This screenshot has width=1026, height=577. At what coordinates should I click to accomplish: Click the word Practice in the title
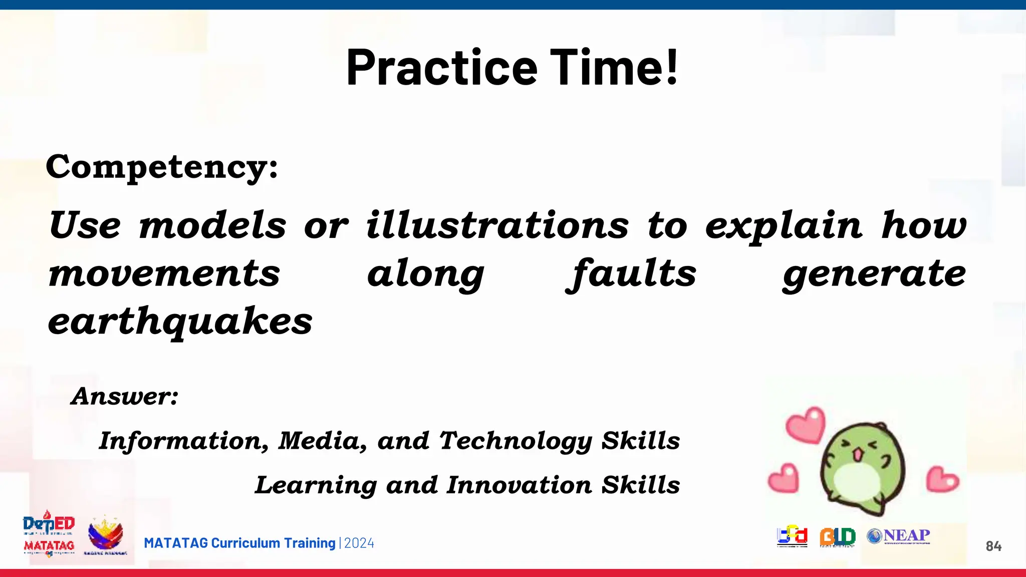(x=441, y=67)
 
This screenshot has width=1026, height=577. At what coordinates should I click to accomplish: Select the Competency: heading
(x=161, y=167)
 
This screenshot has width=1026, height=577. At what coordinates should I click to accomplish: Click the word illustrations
(x=497, y=225)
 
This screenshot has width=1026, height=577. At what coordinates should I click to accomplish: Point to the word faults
(x=632, y=273)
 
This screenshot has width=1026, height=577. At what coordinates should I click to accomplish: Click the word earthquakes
(x=180, y=322)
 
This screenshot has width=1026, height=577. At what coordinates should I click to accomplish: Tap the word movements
(x=164, y=273)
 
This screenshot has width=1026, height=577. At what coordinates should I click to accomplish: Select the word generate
(x=874, y=273)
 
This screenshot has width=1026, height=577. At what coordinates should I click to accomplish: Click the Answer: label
(x=125, y=396)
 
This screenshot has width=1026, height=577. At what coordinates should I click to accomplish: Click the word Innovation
(x=519, y=485)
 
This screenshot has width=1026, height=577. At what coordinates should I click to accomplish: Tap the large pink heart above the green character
(x=806, y=425)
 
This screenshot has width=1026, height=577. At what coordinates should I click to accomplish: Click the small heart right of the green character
(x=942, y=479)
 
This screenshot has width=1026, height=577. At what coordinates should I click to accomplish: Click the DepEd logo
(x=49, y=524)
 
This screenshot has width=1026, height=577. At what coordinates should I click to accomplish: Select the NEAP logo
(x=899, y=536)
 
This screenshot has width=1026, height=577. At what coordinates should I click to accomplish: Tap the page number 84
(x=993, y=546)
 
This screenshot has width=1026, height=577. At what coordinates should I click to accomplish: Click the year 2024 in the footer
(x=359, y=543)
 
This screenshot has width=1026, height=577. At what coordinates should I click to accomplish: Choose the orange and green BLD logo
(x=837, y=537)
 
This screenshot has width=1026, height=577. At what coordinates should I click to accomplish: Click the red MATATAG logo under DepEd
(x=49, y=546)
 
